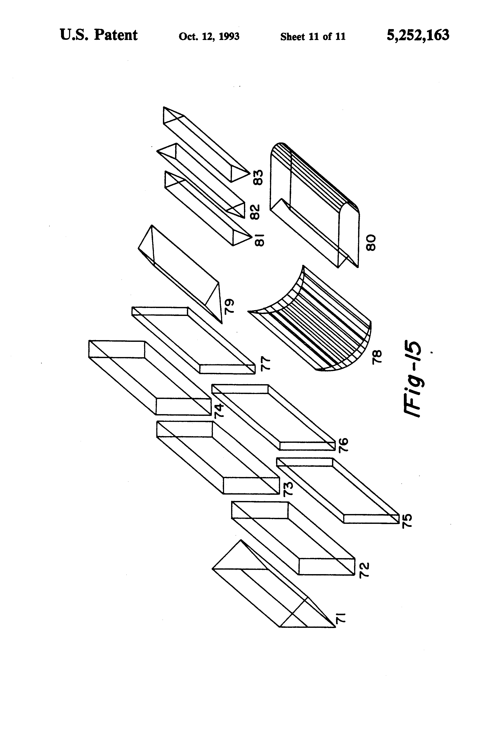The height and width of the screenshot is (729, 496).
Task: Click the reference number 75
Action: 407,521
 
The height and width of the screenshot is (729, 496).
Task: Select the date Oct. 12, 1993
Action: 209,36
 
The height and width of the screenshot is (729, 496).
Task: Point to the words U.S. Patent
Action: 98,35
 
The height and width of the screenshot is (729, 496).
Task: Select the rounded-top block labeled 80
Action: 313,204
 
